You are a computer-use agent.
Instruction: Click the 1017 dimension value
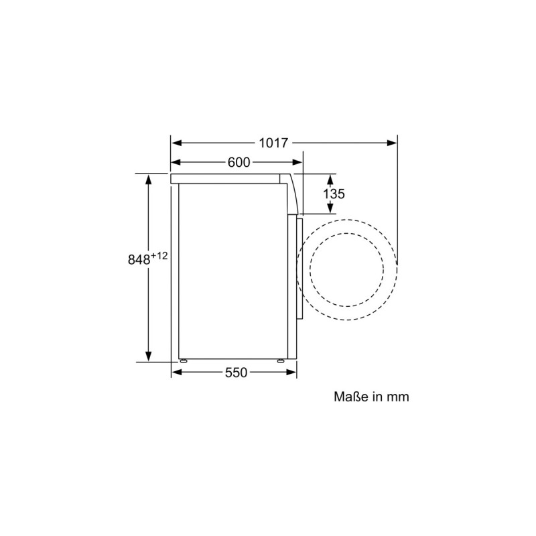[273, 143]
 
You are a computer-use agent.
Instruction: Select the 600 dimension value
[239, 162]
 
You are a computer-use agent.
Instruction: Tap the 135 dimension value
[334, 194]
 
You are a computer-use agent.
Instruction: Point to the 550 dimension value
[236, 373]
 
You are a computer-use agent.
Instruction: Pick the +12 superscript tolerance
[159, 255]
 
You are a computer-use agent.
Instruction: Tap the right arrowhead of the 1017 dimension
[393, 143]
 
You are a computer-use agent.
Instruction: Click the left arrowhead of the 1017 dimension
[176, 143]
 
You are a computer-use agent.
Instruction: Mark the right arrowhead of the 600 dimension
[298, 162]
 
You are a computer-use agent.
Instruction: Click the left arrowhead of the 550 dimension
[176, 373]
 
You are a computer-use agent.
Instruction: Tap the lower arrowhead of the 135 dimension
[330, 209]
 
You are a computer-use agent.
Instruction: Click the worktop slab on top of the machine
[228, 179]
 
